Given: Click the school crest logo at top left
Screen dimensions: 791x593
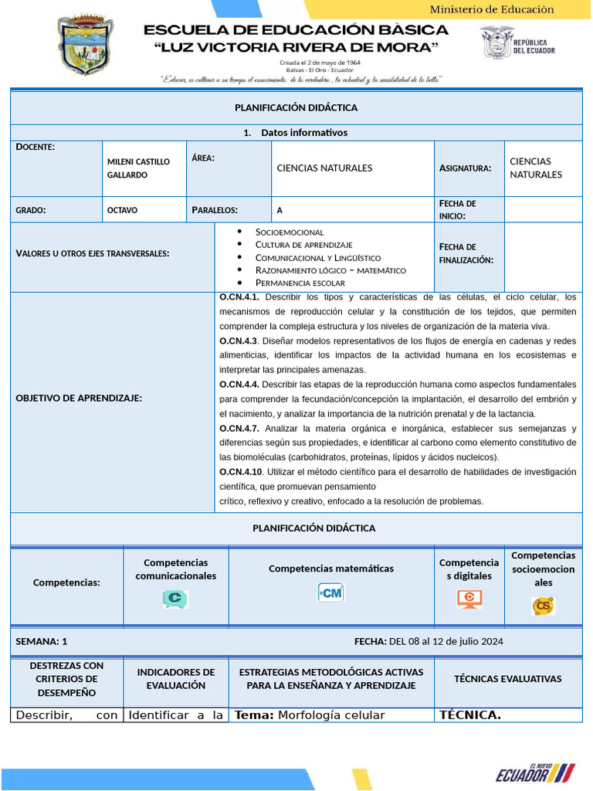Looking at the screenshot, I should coord(86,46).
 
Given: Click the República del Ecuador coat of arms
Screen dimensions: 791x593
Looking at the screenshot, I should coord(496,42).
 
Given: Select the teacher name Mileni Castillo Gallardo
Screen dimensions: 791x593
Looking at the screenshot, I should coord(138,168).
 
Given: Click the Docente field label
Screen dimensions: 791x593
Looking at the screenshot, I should coord(35,147).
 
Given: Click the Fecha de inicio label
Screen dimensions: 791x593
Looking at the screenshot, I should coord(458,209).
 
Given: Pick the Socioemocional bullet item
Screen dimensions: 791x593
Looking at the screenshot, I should coord(290,232).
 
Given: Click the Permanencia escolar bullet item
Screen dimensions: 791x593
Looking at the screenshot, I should coord(300,283).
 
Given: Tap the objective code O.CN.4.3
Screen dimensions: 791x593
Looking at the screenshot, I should coord(238,341).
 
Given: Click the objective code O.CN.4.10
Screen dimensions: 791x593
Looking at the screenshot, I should coord(241,471).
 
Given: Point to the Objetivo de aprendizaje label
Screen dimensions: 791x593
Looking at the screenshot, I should coord(79,398).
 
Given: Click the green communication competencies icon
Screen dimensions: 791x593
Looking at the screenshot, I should coord(175,599).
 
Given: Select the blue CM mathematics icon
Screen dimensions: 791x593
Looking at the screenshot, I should coord(330,592).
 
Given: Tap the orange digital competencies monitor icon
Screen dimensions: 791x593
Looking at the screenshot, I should coord(469,599).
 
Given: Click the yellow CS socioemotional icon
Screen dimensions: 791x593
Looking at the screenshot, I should coord(543,606).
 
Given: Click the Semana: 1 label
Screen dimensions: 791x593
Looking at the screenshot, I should coord(42,641).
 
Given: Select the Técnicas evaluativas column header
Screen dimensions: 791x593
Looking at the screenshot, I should coord(507,679).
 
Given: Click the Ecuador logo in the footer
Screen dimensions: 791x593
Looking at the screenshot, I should coord(535,772).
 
